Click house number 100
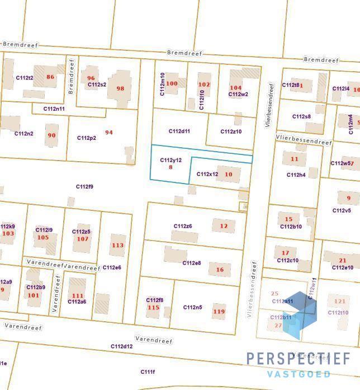[172, 84]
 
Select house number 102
[204, 84]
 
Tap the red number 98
[120, 88]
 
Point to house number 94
[108, 133]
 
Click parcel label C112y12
[170, 160]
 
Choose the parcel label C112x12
[207, 174]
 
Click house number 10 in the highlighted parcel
[228, 174]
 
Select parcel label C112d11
[179, 131]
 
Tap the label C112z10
[231, 131]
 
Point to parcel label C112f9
[85, 187]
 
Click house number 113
[117, 245]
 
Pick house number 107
[83, 239]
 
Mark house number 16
[220, 270]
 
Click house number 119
[219, 312]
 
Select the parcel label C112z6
[183, 226]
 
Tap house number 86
[51, 77]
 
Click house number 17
[285, 253]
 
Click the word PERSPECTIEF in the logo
[299, 359]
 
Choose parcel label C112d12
[121, 346]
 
